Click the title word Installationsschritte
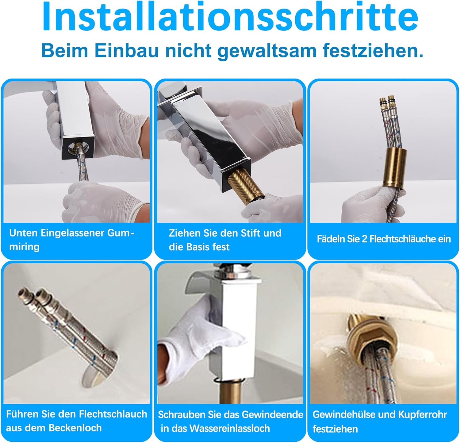230,17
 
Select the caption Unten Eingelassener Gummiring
71,240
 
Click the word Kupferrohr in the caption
422,414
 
